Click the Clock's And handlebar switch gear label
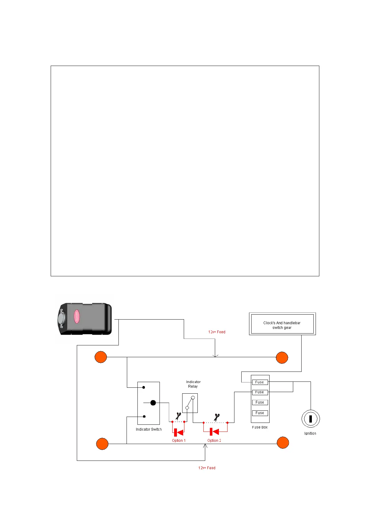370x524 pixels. [282, 325]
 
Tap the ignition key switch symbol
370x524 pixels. [310, 419]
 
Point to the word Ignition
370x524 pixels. [310, 433]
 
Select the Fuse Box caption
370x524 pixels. [260, 427]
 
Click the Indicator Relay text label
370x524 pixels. [193, 384]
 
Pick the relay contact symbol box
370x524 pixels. [190, 403]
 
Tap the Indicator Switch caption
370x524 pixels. [149, 429]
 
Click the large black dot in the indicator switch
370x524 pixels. [153, 403]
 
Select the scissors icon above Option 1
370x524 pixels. [178, 416]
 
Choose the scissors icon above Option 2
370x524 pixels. [217, 417]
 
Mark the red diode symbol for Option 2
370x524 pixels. [215, 432]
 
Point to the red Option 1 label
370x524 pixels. [179, 441]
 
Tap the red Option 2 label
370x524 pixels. [214, 441]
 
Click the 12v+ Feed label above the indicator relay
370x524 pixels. [217, 332]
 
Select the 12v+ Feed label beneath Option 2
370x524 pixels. [207, 468]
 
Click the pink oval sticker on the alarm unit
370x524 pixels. [76, 316]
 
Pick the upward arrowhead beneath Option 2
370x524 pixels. [205, 446]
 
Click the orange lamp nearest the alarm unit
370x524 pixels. [101, 357]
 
